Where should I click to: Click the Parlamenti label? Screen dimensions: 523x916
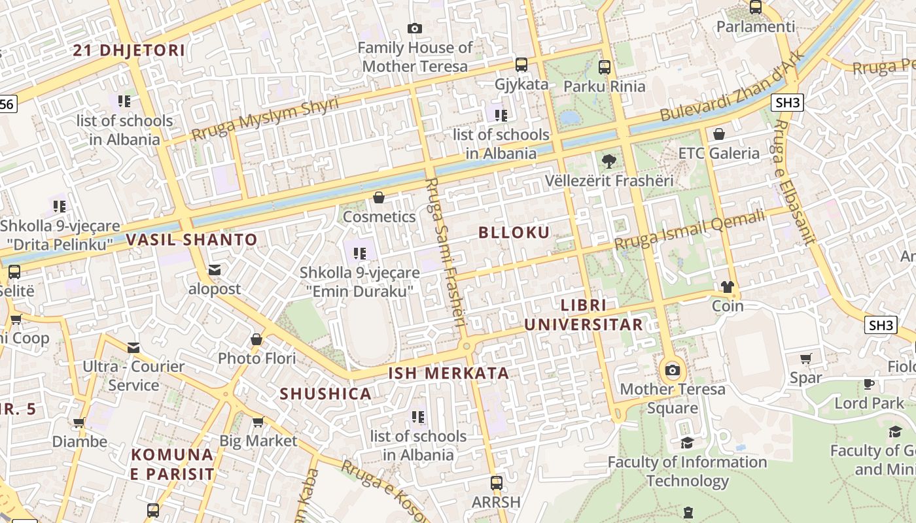click(x=756, y=27)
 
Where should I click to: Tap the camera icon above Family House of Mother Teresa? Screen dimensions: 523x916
click(x=414, y=28)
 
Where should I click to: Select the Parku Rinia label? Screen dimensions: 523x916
click(x=604, y=86)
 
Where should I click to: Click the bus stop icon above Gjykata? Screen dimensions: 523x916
click(x=521, y=64)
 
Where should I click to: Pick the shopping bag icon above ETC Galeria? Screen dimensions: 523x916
click(x=719, y=134)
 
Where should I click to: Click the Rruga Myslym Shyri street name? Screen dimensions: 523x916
click(x=265, y=119)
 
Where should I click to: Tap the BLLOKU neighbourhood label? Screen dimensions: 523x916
click(x=514, y=232)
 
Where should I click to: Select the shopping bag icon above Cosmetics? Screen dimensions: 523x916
click(x=379, y=197)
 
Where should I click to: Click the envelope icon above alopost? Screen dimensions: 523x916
click(x=214, y=269)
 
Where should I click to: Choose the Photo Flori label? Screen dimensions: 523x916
click(x=256, y=358)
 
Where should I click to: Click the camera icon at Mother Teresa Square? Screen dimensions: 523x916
click(x=672, y=371)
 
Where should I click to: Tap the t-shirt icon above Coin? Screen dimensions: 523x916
click(x=728, y=286)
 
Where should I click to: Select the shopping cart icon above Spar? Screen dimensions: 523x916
click(x=805, y=358)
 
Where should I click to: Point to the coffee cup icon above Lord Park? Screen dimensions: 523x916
click(x=869, y=384)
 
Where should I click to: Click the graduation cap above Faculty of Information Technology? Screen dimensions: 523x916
click(x=687, y=443)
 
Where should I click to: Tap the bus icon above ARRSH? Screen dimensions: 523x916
click(x=497, y=483)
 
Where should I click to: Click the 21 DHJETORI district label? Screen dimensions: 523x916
click(x=129, y=50)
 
